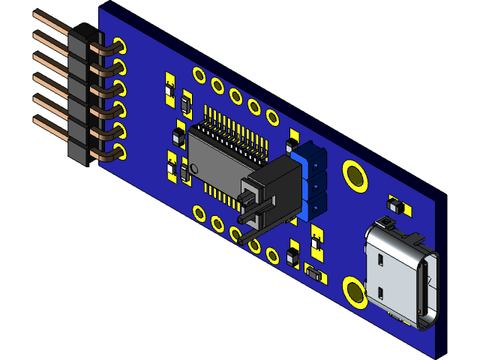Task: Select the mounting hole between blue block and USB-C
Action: (355, 175)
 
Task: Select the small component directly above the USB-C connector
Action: (394, 205)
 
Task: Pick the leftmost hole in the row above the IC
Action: (199, 75)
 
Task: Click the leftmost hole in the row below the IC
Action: (199, 212)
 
